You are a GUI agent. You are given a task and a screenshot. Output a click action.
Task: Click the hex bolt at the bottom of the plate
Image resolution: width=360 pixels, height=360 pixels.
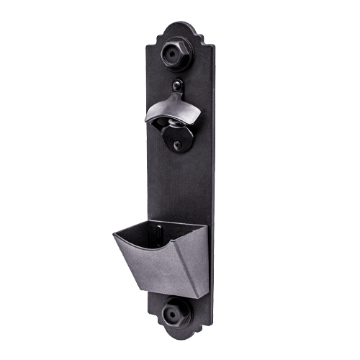coord(175,312)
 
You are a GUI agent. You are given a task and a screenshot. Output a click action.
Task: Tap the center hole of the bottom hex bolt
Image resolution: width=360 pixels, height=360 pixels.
coord(174,313)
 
